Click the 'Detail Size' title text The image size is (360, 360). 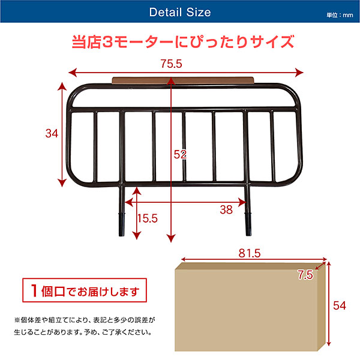(x=180, y=12)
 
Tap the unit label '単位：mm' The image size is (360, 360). (x=340, y=15)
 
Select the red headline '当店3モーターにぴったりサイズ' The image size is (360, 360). (x=183, y=41)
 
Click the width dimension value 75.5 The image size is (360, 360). (x=171, y=64)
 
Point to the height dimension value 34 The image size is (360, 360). (x=52, y=133)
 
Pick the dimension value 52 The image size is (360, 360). (x=180, y=155)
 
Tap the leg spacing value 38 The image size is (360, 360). (x=226, y=209)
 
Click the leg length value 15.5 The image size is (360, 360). (x=148, y=218)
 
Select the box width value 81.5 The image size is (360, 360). (x=250, y=253)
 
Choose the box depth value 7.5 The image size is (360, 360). (x=305, y=275)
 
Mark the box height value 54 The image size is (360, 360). (x=340, y=306)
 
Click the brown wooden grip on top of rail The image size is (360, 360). (x=183, y=80)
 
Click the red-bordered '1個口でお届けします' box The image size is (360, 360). (x=85, y=290)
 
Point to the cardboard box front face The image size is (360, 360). (x=246, y=310)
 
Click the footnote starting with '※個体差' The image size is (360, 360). (x=85, y=326)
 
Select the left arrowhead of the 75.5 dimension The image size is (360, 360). (x=73, y=73)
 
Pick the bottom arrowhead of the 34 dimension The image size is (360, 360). (x=62, y=183)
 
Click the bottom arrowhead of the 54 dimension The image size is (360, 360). (x=329, y=343)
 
